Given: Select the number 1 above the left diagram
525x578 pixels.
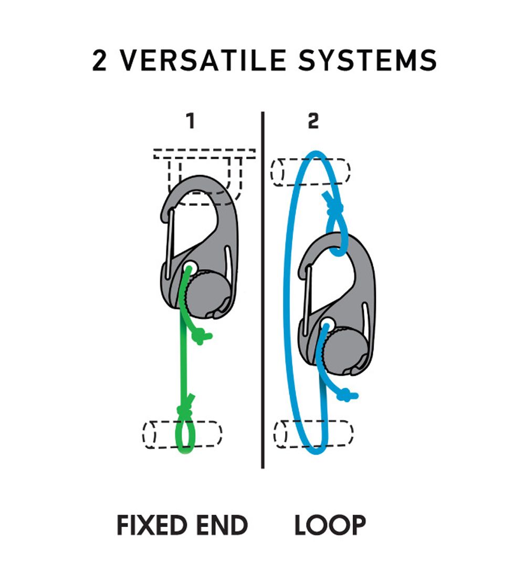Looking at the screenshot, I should coord(191,121).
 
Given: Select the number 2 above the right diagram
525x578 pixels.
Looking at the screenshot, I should coord(313,121).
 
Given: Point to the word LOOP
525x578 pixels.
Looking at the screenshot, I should coord(330,525).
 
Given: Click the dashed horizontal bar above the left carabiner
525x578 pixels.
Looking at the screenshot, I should coord(204,153).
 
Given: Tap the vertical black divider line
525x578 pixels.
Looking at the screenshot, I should coord(262,289).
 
